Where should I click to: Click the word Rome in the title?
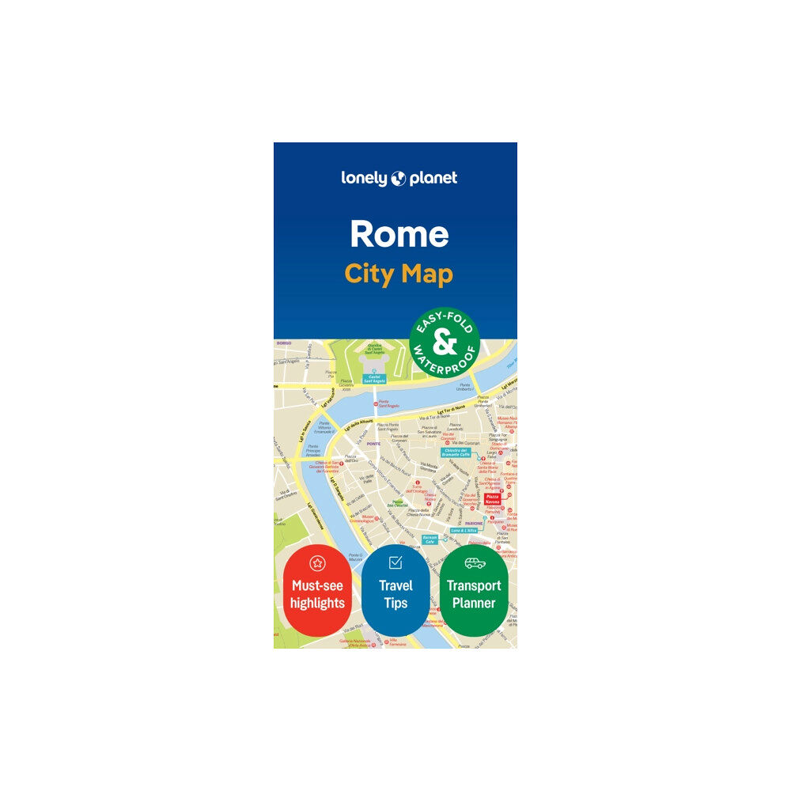(x=399, y=234)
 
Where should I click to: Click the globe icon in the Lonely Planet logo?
(x=399, y=179)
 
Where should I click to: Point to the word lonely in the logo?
(x=365, y=179)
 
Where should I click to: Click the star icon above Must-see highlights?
(x=316, y=563)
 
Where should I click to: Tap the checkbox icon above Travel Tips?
(x=395, y=562)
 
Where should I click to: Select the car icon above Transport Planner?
(x=474, y=563)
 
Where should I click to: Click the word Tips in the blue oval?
(x=395, y=604)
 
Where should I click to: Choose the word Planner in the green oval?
(x=474, y=604)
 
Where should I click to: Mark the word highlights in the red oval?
(x=316, y=604)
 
